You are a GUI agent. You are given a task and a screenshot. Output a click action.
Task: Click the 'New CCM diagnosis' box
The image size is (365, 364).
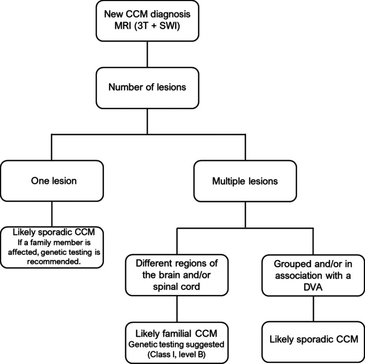147,21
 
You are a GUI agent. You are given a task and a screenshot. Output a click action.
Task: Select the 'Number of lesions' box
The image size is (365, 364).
147,88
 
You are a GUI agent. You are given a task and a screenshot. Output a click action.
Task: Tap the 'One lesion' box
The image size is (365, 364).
52,181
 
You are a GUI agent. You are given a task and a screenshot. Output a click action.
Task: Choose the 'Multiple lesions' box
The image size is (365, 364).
245,181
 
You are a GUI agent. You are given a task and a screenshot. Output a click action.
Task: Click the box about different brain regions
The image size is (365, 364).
177,275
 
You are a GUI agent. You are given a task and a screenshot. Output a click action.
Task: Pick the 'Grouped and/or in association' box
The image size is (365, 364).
313,275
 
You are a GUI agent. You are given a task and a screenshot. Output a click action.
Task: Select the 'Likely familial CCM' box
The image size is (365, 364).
177,343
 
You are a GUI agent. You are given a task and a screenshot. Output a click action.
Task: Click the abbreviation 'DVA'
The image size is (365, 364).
313,287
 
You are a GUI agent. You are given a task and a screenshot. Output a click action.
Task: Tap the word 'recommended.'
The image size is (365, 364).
54,262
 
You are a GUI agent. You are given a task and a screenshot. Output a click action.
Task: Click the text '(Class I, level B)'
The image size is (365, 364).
177,354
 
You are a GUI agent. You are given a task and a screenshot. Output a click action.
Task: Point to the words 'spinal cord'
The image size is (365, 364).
176,286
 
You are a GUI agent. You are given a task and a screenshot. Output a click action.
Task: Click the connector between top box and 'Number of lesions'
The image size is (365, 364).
147,55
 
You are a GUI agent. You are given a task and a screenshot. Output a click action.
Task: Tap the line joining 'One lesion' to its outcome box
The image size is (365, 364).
51,214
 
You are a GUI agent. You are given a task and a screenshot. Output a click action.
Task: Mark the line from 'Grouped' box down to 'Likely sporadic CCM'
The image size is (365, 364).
314,309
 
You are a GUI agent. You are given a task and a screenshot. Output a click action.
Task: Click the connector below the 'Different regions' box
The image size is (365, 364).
177,309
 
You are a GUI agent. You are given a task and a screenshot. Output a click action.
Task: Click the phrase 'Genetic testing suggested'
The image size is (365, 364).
176,344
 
